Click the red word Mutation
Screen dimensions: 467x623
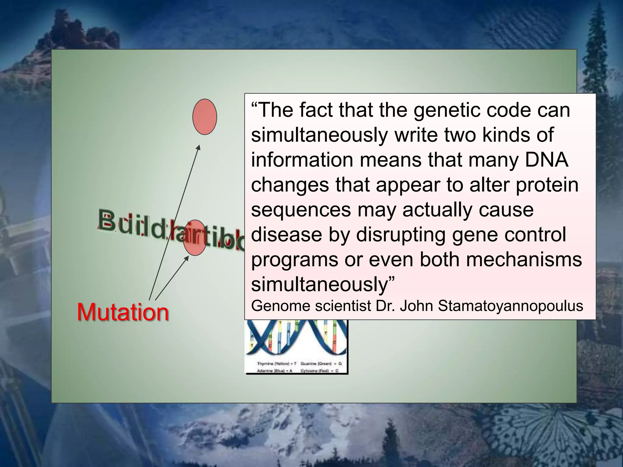pyautogui.click(x=123, y=312)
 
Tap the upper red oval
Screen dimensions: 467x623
pyautogui.click(x=205, y=117)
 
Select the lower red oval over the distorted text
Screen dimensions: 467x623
pyautogui.click(x=195, y=237)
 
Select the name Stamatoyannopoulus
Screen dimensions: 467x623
pyautogui.click(x=510, y=306)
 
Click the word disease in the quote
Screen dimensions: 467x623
pyautogui.click(x=287, y=234)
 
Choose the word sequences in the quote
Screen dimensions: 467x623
pyautogui.click(x=301, y=210)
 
